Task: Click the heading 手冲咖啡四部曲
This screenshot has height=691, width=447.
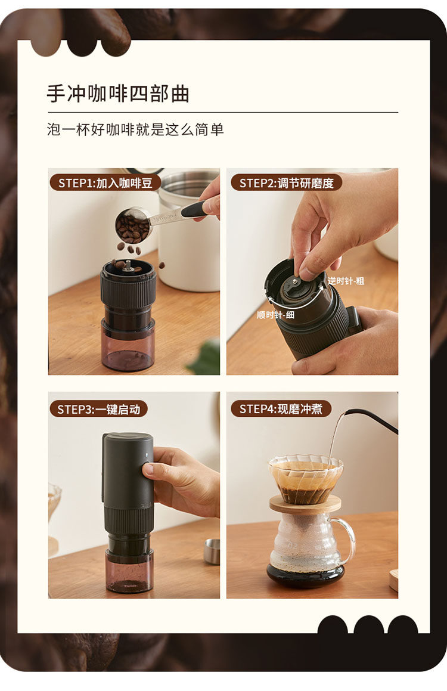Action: click(x=118, y=94)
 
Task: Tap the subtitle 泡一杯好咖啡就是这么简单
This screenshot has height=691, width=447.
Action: click(x=135, y=129)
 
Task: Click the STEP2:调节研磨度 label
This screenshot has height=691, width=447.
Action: click(x=286, y=183)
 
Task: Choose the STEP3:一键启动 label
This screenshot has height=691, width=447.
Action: click(x=98, y=410)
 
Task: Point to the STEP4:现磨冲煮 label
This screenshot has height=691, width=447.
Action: click(x=281, y=409)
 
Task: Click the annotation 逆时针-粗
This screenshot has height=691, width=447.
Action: click(x=346, y=281)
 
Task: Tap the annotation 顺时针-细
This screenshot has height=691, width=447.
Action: click(x=275, y=315)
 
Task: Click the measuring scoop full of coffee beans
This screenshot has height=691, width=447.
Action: click(x=133, y=225)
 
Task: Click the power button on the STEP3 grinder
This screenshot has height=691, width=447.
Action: click(x=147, y=465)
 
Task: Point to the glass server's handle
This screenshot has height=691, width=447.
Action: click(x=346, y=540)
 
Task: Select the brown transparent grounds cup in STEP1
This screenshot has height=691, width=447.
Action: click(x=128, y=345)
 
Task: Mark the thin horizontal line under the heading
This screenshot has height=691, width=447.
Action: click(x=222, y=112)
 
